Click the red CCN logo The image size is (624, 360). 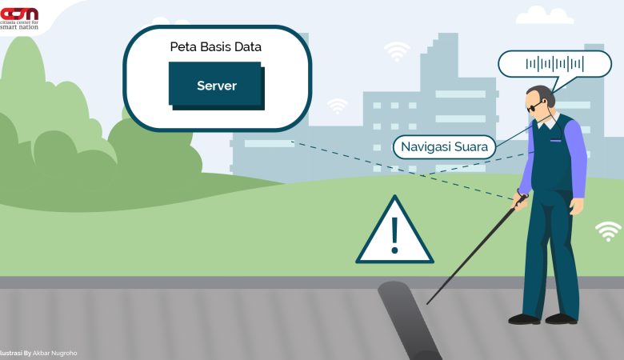pos(19,14)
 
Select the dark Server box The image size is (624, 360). pos(216,85)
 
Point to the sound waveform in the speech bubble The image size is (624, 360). pos(554,64)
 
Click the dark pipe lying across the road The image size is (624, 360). pos(408,320)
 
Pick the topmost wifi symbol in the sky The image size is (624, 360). pos(397,52)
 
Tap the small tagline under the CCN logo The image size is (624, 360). pos(21,26)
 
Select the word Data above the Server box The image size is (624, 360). pos(246,47)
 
